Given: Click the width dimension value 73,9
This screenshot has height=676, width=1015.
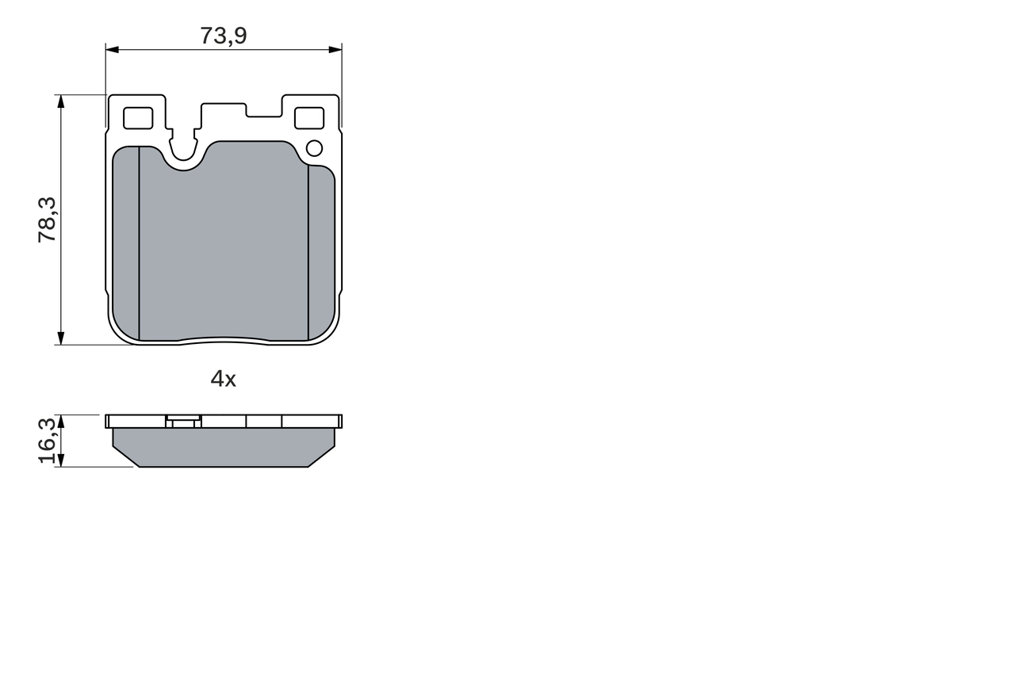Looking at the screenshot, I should coord(224,35).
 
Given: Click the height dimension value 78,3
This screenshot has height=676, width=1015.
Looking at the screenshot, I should coord(48,220).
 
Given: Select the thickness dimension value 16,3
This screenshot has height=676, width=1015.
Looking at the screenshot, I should coord(48,441).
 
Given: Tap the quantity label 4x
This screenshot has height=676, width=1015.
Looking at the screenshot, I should coord(224,380).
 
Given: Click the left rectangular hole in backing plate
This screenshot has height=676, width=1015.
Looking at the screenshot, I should coord(139,118).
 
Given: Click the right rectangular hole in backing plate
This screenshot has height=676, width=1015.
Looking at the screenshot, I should coord(308,118).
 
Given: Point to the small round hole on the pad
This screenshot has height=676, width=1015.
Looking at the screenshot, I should coord(314,148).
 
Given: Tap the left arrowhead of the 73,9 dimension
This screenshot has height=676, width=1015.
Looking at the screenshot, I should coord(112,50).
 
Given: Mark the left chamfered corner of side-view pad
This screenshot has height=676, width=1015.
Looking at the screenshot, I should coord(125,456).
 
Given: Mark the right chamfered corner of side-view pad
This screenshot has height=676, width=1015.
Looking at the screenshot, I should coord(322,456).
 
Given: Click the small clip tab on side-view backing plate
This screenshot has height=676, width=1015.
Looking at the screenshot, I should coord(183,422).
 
